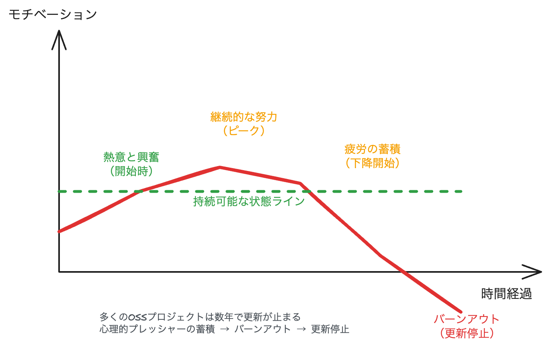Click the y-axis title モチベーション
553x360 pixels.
click(53, 15)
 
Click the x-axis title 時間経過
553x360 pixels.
click(506, 294)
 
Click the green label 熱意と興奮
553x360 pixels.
click(131, 157)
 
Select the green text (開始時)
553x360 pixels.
click(131, 171)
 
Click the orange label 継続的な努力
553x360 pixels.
click(244, 117)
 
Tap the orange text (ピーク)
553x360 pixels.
click(244, 131)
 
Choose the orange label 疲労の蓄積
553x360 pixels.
click(373, 149)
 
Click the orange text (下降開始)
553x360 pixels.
click(373, 163)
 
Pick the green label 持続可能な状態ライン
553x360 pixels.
click(249, 201)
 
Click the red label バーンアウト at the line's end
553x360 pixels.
click(467, 319)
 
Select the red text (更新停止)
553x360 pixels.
click(467, 333)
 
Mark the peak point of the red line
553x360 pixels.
click(220, 167)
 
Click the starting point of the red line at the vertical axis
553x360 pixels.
click(59, 231)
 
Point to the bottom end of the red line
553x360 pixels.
click(461, 311)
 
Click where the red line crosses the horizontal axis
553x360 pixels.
click(404, 272)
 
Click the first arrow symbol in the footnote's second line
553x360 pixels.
click(225, 329)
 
